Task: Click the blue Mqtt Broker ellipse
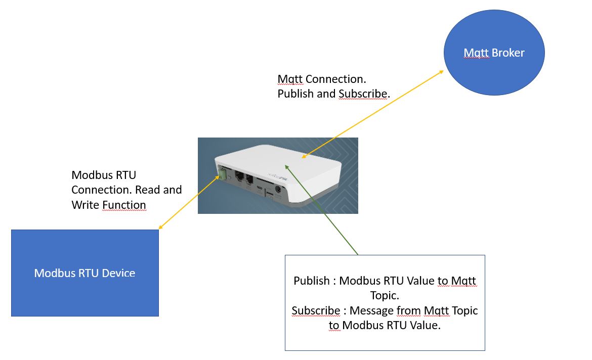[x=493, y=53]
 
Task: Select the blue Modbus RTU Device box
[x=84, y=273]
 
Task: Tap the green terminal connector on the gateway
[x=222, y=174]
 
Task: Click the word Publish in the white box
[x=311, y=281]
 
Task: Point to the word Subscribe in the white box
[x=316, y=310]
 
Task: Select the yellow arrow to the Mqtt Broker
[x=374, y=113]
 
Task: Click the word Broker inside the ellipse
[x=508, y=53]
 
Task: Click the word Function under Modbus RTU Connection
[x=124, y=205]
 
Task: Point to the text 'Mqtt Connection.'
[x=322, y=79]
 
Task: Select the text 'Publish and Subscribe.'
[x=333, y=94]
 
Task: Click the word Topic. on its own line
[x=385, y=296]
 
